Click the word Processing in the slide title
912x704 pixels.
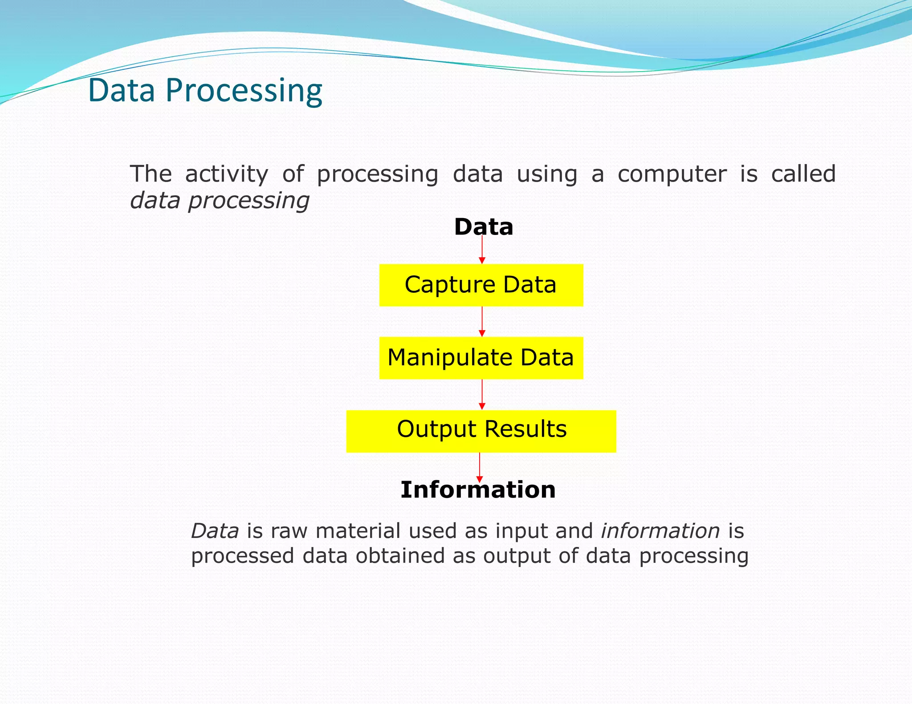point(244,91)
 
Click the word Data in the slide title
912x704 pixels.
point(122,90)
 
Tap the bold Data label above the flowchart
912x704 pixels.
point(484,227)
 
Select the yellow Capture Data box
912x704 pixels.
point(481,285)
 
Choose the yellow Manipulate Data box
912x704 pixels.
point(481,358)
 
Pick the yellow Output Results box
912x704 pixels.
point(481,431)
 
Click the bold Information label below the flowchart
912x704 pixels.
point(478,490)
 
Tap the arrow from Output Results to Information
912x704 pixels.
point(480,467)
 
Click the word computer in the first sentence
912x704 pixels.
point(672,174)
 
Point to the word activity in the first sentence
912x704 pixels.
point(227,174)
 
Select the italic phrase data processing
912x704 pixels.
point(220,201)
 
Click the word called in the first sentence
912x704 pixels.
point(803,174)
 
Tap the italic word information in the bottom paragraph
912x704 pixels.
point(660,531)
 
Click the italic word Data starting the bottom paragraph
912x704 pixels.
point(215,531)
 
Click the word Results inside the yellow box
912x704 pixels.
point(525,429)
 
